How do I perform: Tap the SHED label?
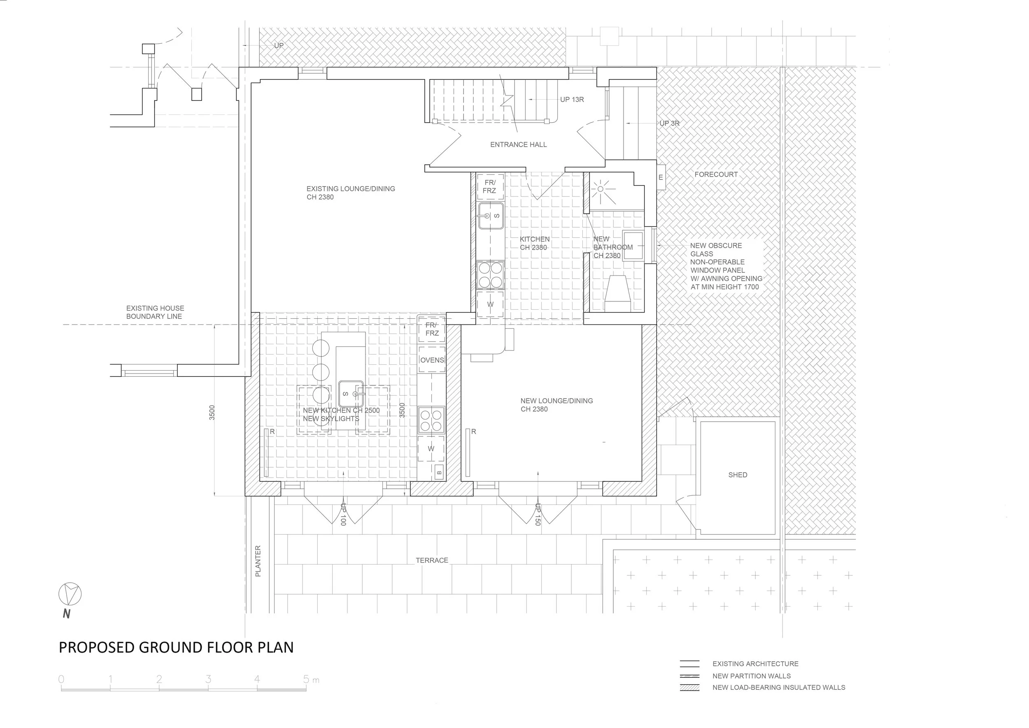pos(737,475)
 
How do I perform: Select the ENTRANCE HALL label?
pos(518,145)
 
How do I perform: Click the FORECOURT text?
pos(716,174)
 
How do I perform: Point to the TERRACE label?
pos(432,560)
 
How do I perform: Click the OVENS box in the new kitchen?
pos(432,360)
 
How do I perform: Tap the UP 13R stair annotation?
pos(571,100)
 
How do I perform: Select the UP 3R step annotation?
pos(669,123)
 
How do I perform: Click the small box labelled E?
pos(661,177)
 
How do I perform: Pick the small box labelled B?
pos(439,472)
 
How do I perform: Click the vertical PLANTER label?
pos(258,561)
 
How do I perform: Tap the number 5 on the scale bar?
pos(306,679)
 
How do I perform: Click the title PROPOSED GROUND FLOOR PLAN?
pos(176,647)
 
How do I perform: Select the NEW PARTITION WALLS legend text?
pos(751,676)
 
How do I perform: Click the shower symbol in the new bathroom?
pos(601,189)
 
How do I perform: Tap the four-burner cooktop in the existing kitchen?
pos(490,275)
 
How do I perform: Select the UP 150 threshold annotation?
pos(538,514)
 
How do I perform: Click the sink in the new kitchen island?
pos(350,394)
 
